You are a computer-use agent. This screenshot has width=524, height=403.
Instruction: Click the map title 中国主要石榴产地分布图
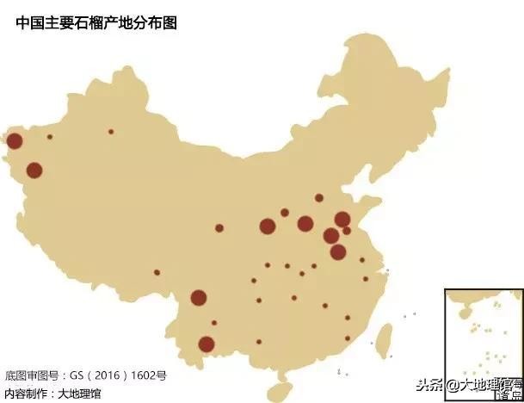96,23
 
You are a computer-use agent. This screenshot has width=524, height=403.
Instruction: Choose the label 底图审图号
31,376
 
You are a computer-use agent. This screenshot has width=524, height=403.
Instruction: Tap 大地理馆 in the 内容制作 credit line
78,393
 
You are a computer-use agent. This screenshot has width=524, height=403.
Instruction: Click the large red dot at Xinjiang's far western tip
14,141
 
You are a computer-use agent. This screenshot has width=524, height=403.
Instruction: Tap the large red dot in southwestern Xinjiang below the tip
34,170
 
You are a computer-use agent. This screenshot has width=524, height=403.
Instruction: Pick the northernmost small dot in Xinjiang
111,132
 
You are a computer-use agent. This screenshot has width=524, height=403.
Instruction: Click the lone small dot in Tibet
157,272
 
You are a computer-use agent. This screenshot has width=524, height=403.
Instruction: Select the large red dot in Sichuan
199,298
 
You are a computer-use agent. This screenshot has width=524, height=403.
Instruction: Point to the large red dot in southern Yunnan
207,344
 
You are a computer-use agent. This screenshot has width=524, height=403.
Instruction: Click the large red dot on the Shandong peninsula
342,220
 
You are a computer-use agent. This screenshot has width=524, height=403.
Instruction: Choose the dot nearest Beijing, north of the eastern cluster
318,198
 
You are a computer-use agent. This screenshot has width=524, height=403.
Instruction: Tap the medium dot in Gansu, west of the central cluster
219,228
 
